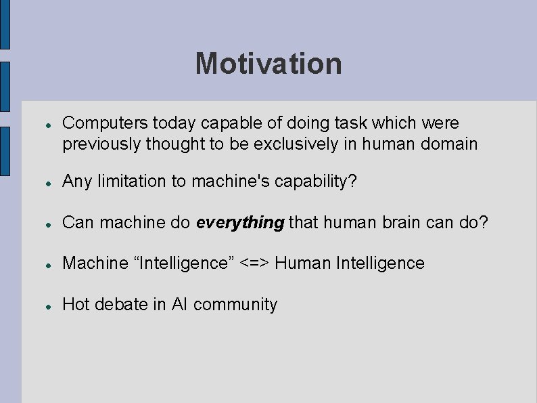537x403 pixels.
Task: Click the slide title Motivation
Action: pyautogui.click(x=268, y=64)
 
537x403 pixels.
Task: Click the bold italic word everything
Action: pyautogui.click(x=240, y=224)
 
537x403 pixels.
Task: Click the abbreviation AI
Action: pyautogui.click(x=179, y=305)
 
